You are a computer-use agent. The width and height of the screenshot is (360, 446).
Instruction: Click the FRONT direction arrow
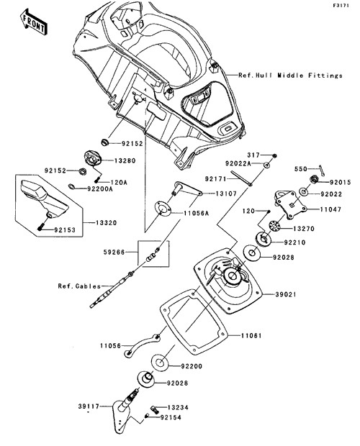click(x=34, y=22)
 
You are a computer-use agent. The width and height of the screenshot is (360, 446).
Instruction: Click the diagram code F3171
click(x=341, y=6)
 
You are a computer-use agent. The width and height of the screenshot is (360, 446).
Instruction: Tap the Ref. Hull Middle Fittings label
click(x=290, y=76)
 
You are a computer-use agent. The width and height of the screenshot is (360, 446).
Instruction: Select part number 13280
click(x=125, y=160)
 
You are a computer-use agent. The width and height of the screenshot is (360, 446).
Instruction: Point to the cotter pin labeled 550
click(x=322, y=170)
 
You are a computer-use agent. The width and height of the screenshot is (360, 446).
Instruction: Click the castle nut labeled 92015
click(x=313, y=179)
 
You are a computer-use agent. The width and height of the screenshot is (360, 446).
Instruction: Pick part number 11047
click(x=330, y=209)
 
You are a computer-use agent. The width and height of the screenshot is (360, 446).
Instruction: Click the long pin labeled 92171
click(x=241, y=178)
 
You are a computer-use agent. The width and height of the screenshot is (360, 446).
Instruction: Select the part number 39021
click(x=286, y=294)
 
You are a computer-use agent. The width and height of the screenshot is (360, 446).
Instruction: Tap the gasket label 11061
click(x=251, y=336)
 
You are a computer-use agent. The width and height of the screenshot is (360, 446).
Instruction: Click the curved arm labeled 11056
click(x=142, y=345)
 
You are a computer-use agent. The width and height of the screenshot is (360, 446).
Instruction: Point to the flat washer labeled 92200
click(x=159, y=363)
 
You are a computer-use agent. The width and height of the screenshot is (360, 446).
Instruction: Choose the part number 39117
click(x=89, y=406)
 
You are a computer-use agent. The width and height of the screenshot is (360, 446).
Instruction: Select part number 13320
click(x=106, y=223)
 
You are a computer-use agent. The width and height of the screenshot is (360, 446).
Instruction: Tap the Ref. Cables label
click(x=79, y=286)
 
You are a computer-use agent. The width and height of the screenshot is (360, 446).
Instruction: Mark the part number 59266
click(x=114, y=252)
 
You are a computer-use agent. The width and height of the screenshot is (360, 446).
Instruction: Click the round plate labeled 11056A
click(x=163, y=209)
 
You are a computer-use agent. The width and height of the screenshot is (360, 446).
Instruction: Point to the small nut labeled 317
click(x=274, y=156)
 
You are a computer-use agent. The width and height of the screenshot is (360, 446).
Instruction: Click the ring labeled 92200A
click(x=72, y=186)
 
